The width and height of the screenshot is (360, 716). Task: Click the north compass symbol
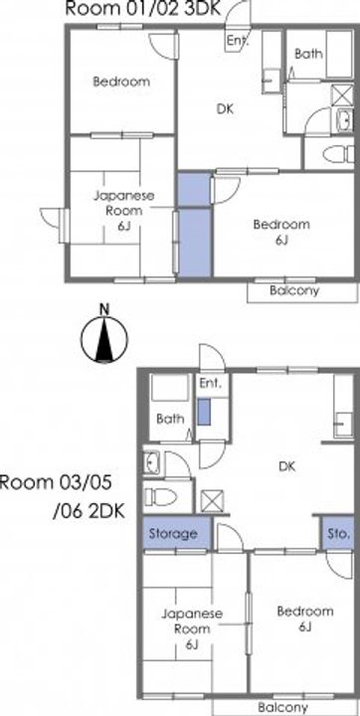pyautogui.click(x=104, y=338)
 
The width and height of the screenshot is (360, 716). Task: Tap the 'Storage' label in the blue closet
pyautogui.click(x=173, y=533)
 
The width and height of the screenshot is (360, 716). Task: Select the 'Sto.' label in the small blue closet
pyautogui.click(x=338, y=533)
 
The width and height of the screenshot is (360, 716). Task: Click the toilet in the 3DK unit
pyautogui.click(x=338, y=154)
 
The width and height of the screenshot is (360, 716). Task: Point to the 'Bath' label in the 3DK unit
pyautogui.click(x=308, y=54)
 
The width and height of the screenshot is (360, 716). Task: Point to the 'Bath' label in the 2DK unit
pyautogui.click(x=170, y=419)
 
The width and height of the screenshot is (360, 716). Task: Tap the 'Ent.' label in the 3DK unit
pyautogui.click(x=238, y=41)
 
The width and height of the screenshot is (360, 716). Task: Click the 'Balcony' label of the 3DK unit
pyautogui.click(x=293, y=290)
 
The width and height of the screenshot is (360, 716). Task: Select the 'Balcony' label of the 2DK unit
pyautogui.click(x=282, y=707)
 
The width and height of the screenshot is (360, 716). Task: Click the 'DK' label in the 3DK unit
pyautogui.click(x=225, y=109)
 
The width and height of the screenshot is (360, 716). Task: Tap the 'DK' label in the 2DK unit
pyautogui.click(x=287, y=466)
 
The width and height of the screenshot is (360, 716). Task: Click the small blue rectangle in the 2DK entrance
pyautogui.click(x=204, y=413)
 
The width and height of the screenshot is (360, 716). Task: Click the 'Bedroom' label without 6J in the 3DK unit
pyautogui.click(x=121, y=83)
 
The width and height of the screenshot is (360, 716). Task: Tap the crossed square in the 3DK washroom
pyautogui.click(x=342, y=95)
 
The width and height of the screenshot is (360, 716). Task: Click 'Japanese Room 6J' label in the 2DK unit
pyautogui.click(x=192, y=629)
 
